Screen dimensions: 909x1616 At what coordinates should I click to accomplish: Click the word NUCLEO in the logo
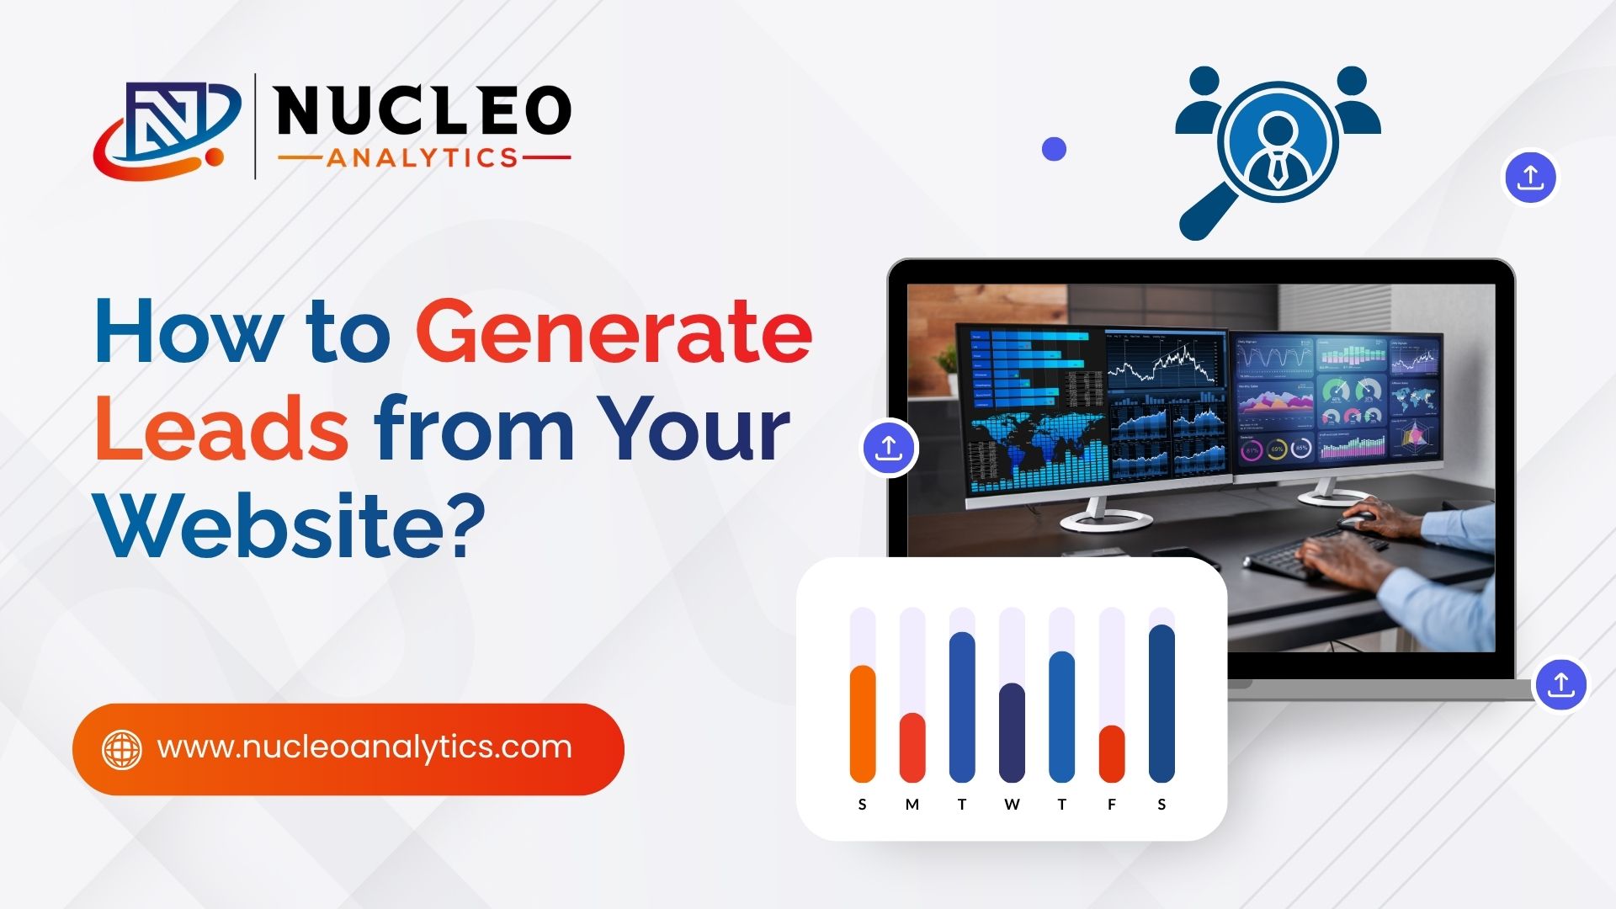[423, 111]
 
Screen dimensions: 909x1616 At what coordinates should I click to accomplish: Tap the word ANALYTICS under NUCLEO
[423, 158]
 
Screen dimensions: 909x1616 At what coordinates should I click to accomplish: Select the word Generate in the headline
[614, 333]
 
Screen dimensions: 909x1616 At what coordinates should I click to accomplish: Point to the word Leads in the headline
[221, 429]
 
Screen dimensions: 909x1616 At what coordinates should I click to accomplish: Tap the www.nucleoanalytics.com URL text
[364, 747]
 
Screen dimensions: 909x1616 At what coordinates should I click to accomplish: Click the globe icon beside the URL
[122, 749]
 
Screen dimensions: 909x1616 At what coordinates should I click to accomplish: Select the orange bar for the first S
[863, 724]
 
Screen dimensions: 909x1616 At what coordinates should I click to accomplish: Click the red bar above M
[912, 747]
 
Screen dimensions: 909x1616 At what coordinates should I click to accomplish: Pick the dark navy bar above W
[1012, 732]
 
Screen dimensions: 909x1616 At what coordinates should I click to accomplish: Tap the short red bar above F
[1112, 753]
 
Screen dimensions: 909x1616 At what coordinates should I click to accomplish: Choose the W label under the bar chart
[1012, 805]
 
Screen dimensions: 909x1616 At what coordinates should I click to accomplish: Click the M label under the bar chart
[912, 805]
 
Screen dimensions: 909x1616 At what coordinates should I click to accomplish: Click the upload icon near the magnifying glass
[1530, 178]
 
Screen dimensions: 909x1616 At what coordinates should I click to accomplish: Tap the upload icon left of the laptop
[889, 447]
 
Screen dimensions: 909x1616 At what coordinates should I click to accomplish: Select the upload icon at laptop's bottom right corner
[1561, 684]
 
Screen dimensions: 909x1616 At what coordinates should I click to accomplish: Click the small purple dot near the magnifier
[1054, 149]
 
